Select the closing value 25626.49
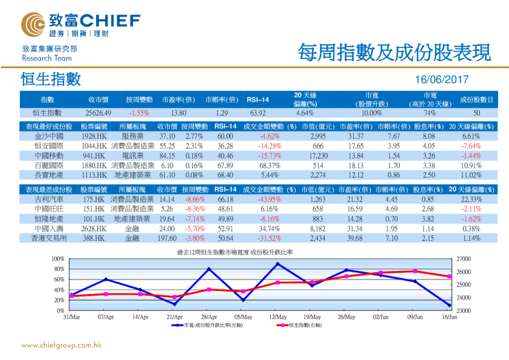(99, 113)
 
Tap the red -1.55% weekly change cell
(139, 113)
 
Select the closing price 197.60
(166, 238)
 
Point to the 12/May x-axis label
(277, 316)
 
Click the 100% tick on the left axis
(59, 259)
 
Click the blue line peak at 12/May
(277, 264)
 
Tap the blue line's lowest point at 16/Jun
(449, 306)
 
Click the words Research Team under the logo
(47, 58)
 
